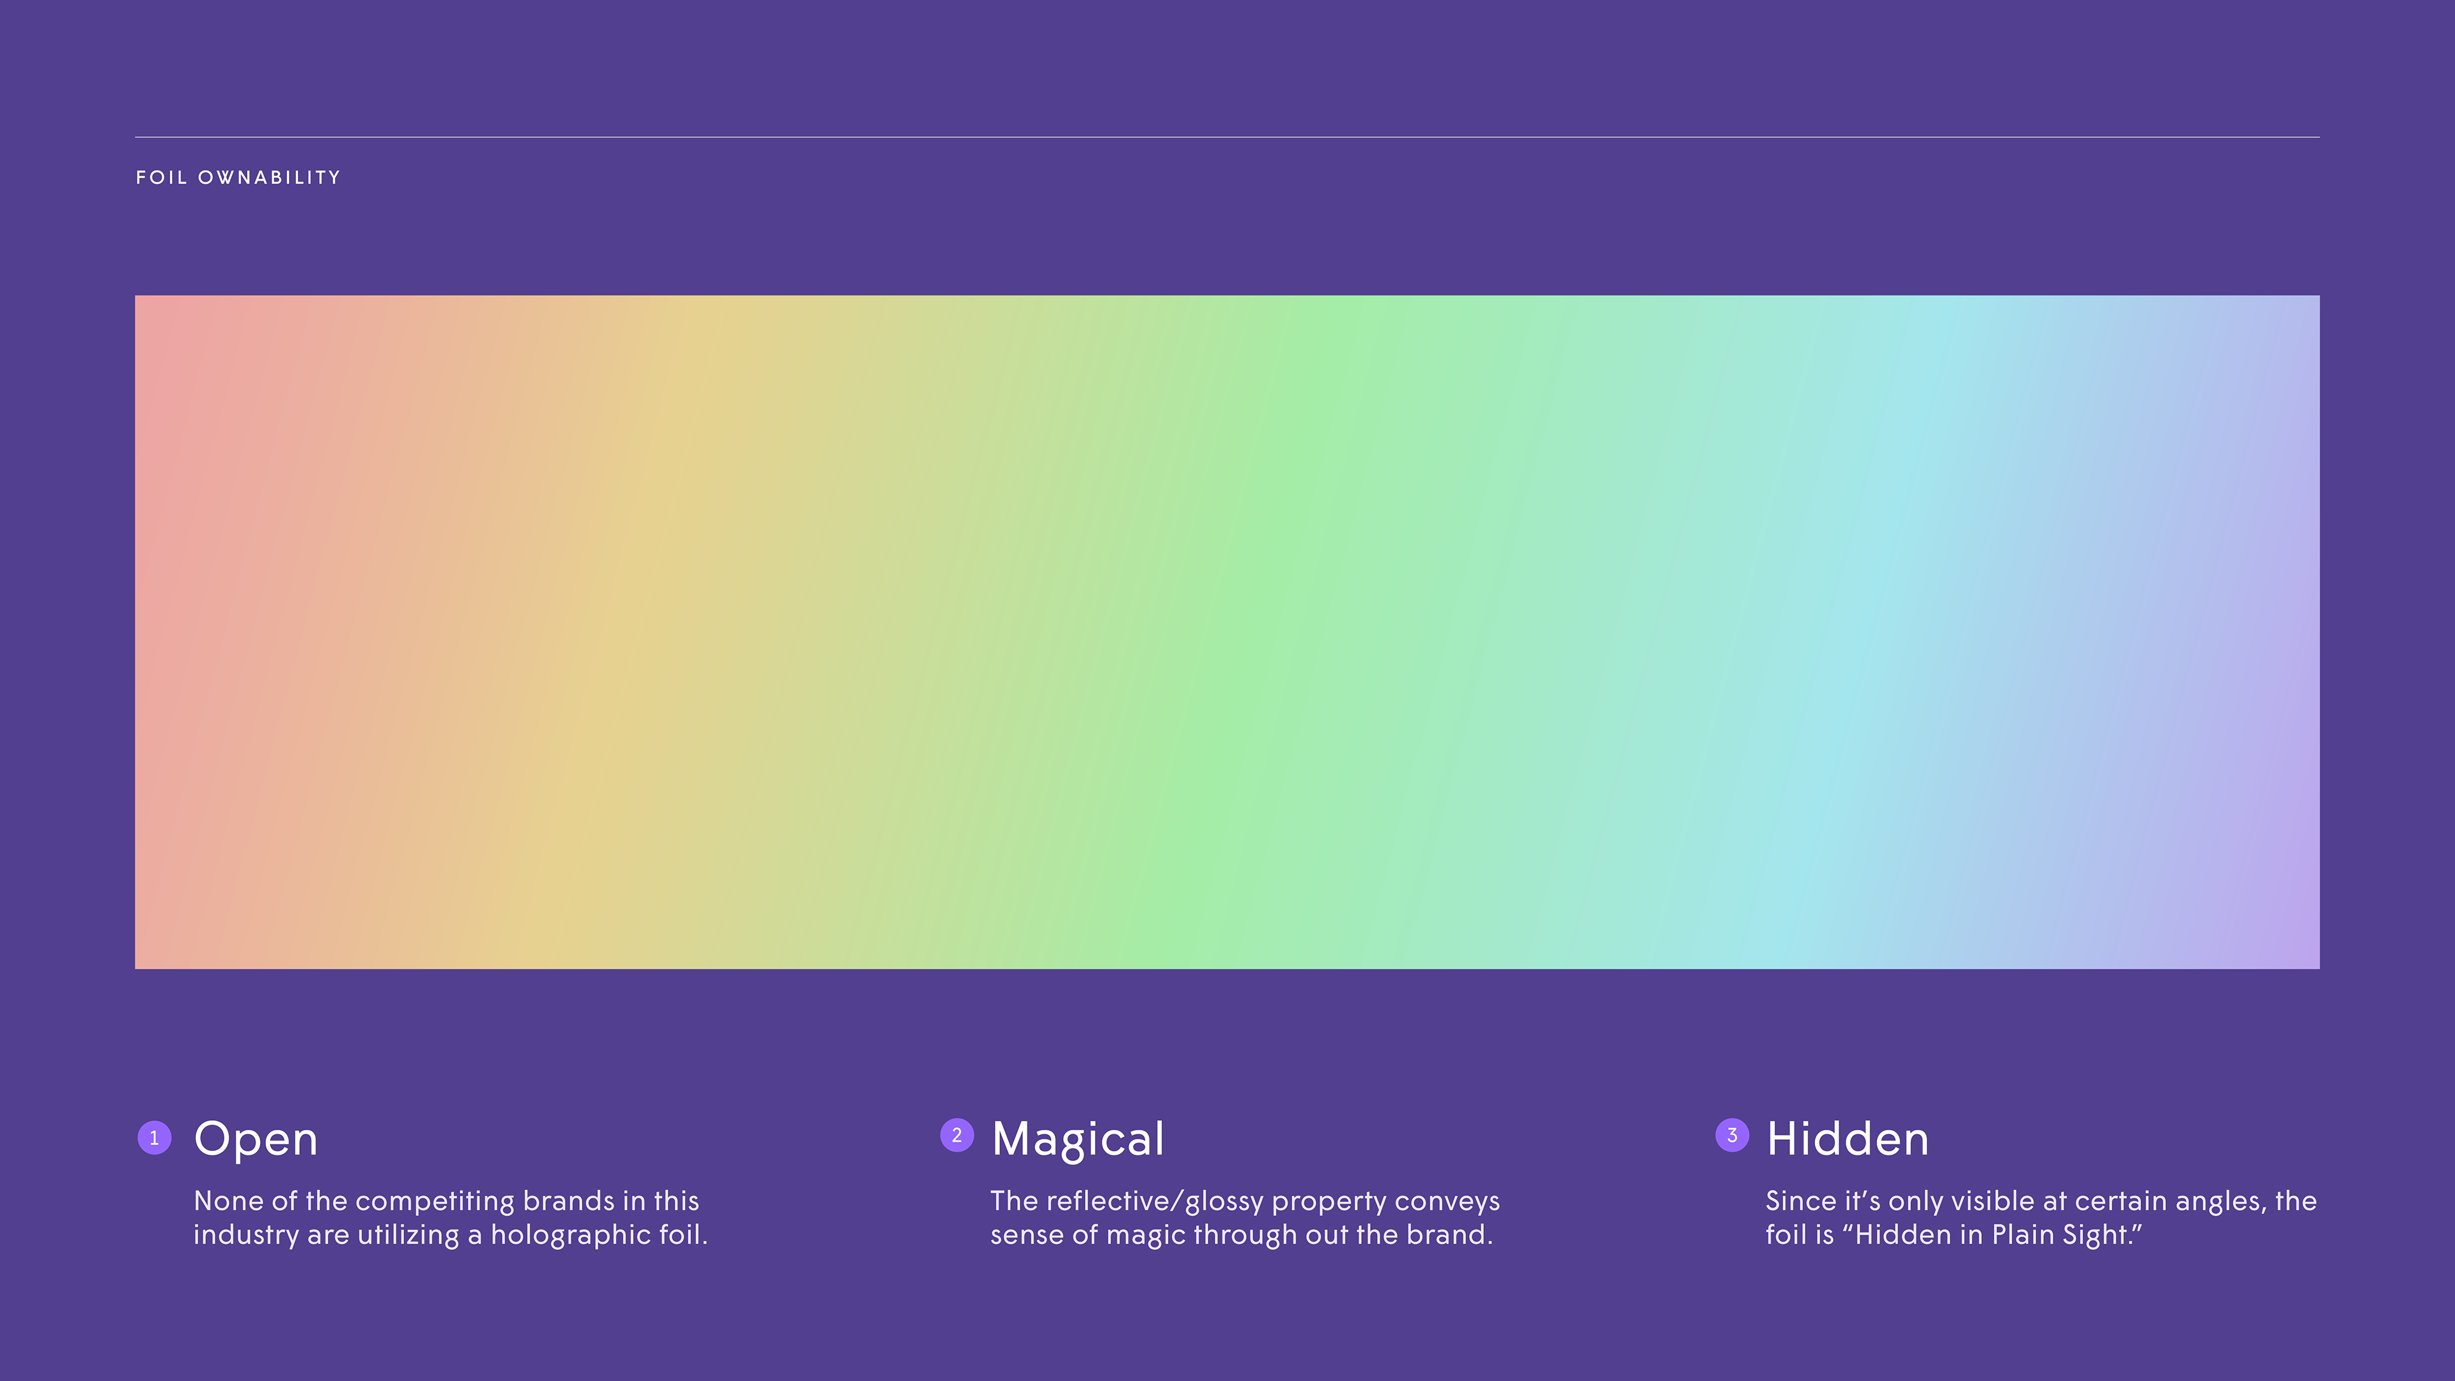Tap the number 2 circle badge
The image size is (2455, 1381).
[x=957, y=1135]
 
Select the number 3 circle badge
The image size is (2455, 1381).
[x=1733, y=1135]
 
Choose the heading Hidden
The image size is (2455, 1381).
[x=1848, y=1139]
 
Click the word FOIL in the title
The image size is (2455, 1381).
[x=161, y=177]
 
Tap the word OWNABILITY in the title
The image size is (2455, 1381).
[x=270, y=177]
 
